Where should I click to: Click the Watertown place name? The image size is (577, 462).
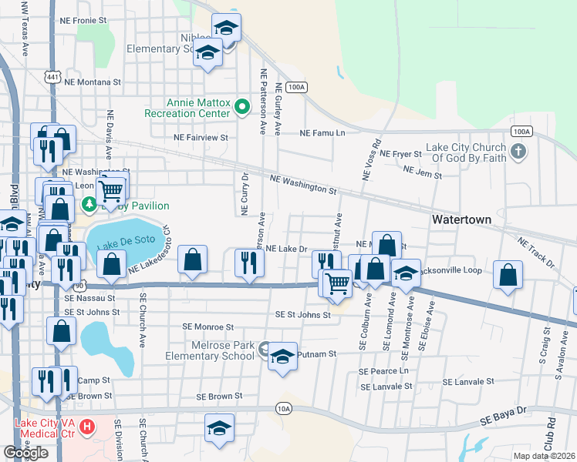point(461,219)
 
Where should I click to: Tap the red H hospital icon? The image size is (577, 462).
point(87,426)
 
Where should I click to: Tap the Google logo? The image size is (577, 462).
point(25,453)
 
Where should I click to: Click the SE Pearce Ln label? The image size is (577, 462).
point(383,371)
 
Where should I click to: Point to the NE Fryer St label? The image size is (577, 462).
point(401,154)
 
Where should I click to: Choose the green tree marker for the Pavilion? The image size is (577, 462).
point(90,204)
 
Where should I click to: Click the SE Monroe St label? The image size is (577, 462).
point(208,327)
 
